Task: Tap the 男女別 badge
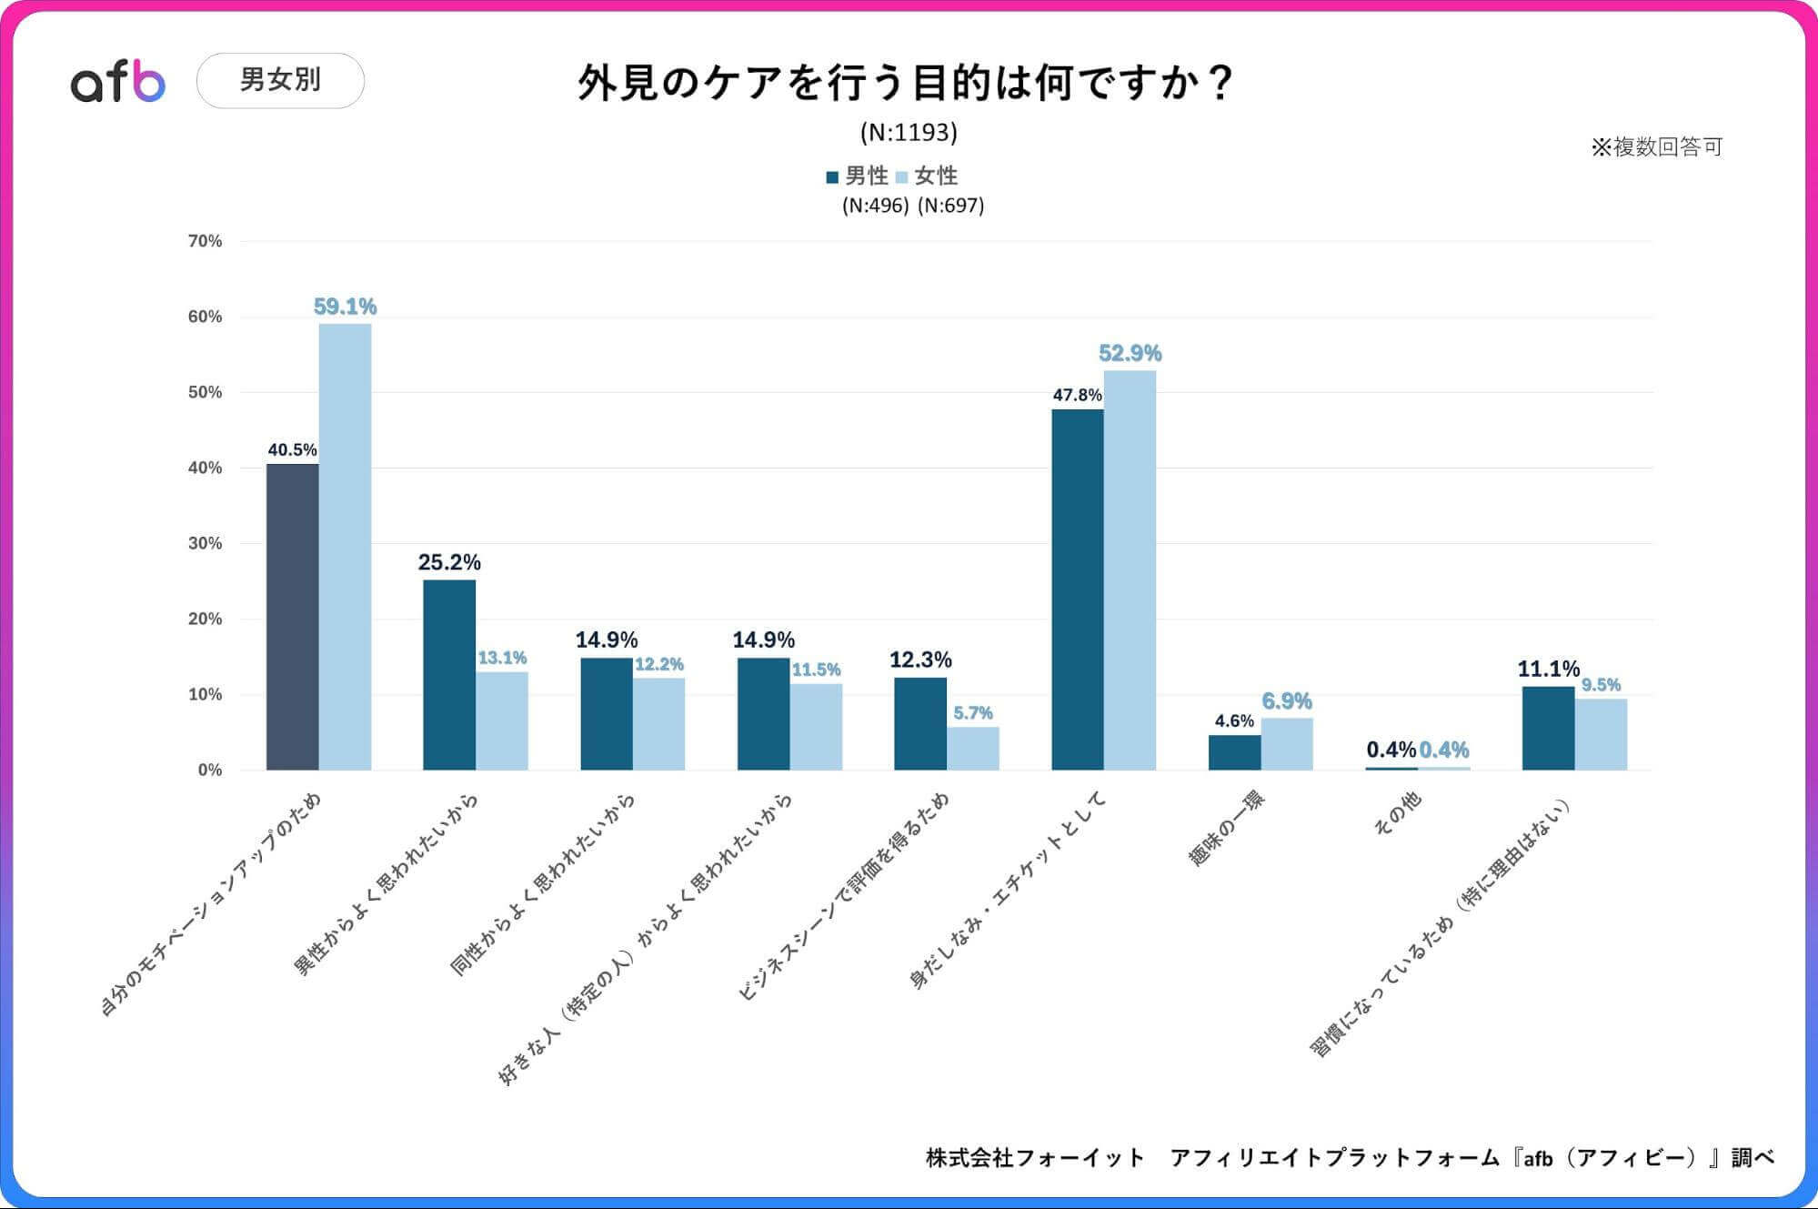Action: click(280, 80)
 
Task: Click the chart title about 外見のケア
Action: click(905, 83)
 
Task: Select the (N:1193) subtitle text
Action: click(909, 133)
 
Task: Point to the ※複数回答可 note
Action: click(1656, 147)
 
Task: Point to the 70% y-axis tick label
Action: click(205, 241)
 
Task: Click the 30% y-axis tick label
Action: click(205, 543)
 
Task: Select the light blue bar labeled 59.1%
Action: click(345, 546)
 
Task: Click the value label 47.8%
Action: click(1077, 395)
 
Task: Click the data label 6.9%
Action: click(1286, 701)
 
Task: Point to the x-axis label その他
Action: click(1398, 812)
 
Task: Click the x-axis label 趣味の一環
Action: click(1227, 827)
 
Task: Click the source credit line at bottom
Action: click(1350, 1157)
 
